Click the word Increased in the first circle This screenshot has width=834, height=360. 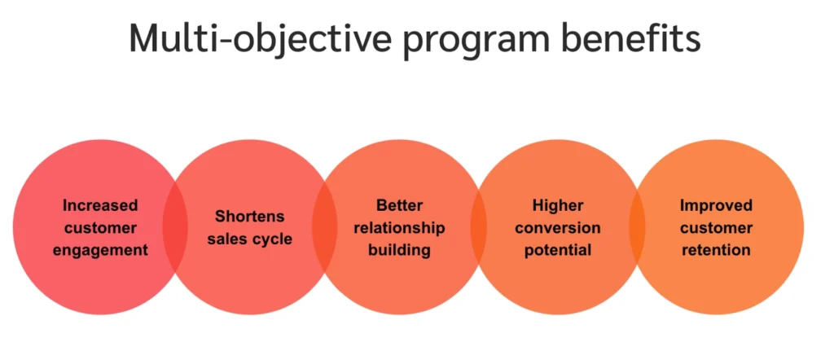point(100,205)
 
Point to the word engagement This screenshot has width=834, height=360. point(100,251)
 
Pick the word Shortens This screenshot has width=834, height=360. point(249,217)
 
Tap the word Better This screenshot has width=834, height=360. point(399,205)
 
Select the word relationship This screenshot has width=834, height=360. point(399,228)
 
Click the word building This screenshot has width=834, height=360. point(399,251)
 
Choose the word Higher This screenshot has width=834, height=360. point(557,205)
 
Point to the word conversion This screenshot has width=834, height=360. point(557,228)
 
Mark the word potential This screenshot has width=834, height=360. point(557,251)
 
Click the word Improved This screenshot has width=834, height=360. point(717,205)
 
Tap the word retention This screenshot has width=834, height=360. point(717,251)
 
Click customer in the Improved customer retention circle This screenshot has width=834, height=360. point(717,228)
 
